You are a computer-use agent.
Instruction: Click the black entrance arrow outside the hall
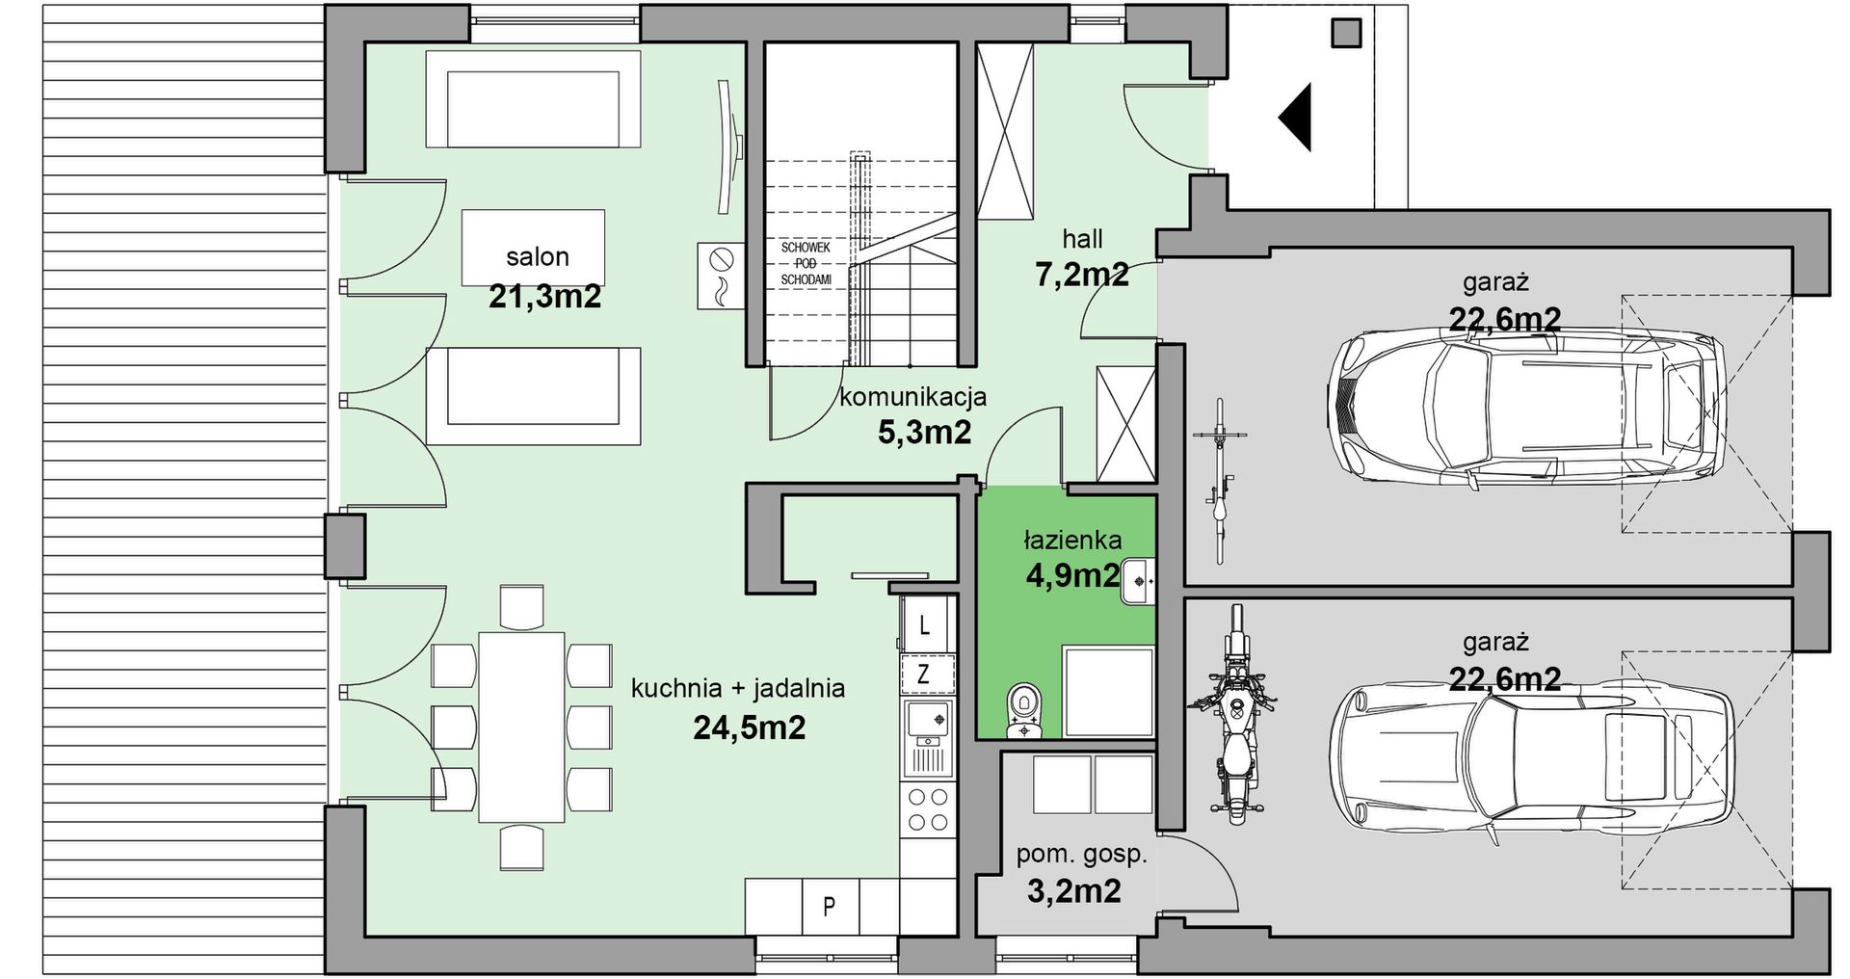[1298, 118]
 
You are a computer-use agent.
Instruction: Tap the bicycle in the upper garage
[1220, 482]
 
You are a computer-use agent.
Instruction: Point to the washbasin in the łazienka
[1137, 581]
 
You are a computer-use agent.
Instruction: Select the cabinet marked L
[927, 623]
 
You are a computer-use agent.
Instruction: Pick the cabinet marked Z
[927, 674]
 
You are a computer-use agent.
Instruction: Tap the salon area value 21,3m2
[544, 296]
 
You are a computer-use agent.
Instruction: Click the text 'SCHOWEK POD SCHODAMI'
[806, 263]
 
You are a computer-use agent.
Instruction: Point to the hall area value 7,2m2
[1082, 275]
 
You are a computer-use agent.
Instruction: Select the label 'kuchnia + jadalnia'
[738, 688]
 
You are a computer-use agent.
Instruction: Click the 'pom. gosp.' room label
[1081, 855]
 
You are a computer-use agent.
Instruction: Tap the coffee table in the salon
[533, 248]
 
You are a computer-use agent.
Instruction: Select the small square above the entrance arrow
[1345, 33]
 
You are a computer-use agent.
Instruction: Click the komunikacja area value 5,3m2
[924, 433]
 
